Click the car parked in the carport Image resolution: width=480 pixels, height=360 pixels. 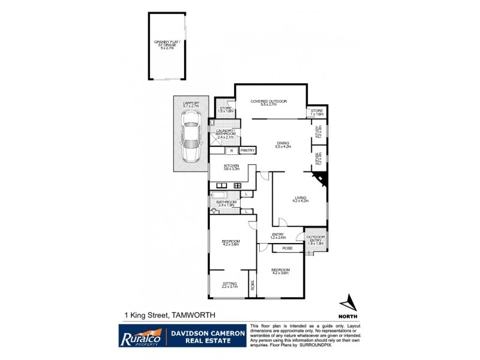pos(191,143)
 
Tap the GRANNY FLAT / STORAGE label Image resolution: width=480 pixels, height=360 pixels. pos(166,44)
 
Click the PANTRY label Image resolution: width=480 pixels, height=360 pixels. pos(248,150)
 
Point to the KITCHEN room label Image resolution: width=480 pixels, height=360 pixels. pos(232,167)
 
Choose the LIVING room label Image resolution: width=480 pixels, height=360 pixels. pos(300,199)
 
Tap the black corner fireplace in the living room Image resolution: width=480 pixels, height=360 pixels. pos(321,179)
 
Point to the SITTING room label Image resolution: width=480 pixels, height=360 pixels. pos(230,284)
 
